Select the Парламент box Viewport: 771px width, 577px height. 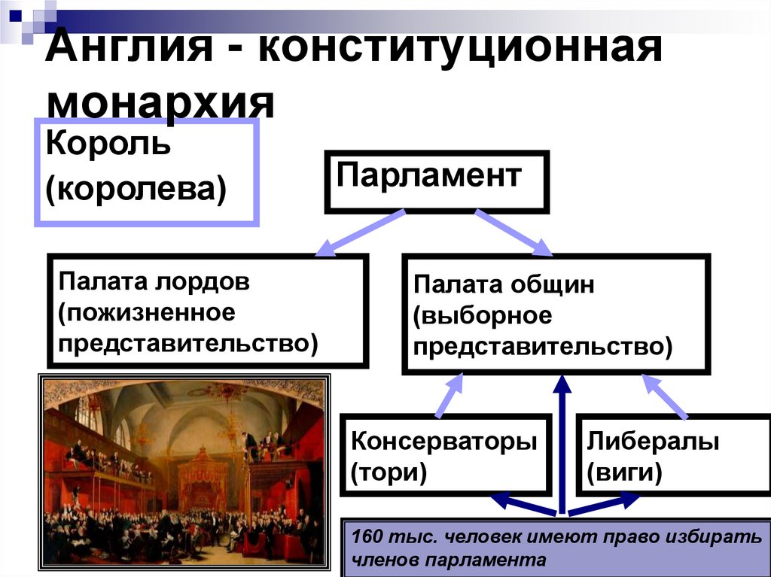coord(437,181)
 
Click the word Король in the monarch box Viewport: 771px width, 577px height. coord(108,143)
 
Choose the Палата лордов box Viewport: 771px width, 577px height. coord(208,311)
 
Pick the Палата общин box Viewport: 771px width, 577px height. coord(556,314)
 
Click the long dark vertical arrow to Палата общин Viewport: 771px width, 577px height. coord(561,444)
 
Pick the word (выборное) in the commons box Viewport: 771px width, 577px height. coord(482,315)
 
